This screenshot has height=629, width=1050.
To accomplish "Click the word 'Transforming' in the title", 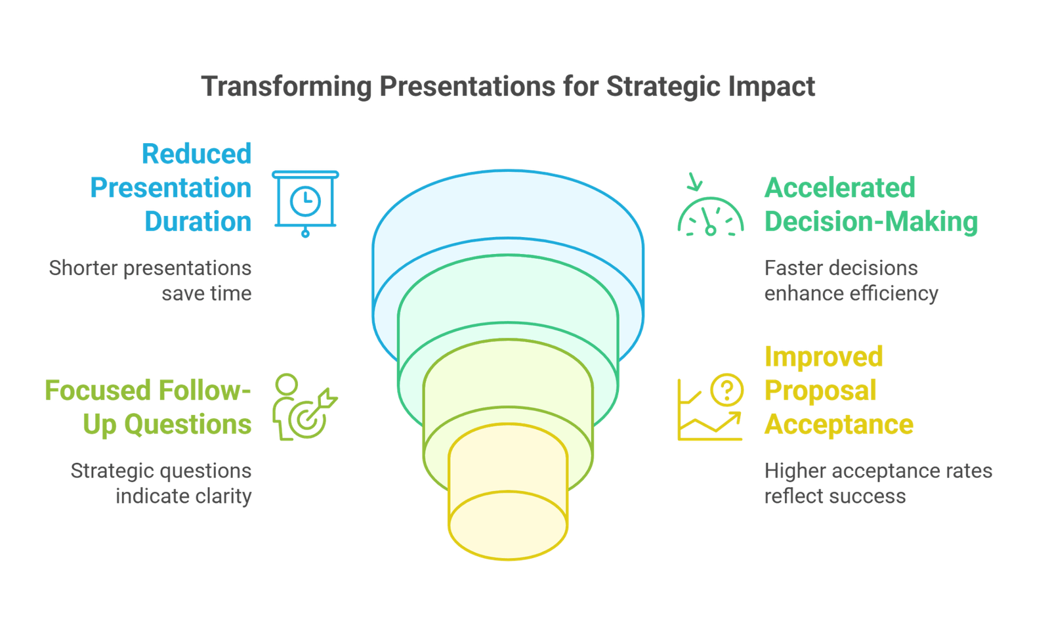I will [x=286, y=87].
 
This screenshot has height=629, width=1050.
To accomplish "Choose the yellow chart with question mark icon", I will [x=711, y=407].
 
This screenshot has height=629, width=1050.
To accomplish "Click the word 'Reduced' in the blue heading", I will [x=197, y=154].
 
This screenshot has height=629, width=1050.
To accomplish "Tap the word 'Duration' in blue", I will [x=198, y=221].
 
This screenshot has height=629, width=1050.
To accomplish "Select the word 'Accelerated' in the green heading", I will [x=840, y=188].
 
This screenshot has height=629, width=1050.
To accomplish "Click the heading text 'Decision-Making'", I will [x=871, y=221].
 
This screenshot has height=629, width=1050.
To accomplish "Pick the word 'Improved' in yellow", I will [x=824, y=357].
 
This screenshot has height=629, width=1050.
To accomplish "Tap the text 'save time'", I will [x=207, y=292].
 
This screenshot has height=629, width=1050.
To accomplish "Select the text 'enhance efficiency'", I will [x=851, y=292].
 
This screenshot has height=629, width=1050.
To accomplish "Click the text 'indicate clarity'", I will [x=184, y=495].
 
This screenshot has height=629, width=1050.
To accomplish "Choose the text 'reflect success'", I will [x=835, y=495].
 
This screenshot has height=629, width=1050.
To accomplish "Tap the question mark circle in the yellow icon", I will [x=726, y=390].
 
